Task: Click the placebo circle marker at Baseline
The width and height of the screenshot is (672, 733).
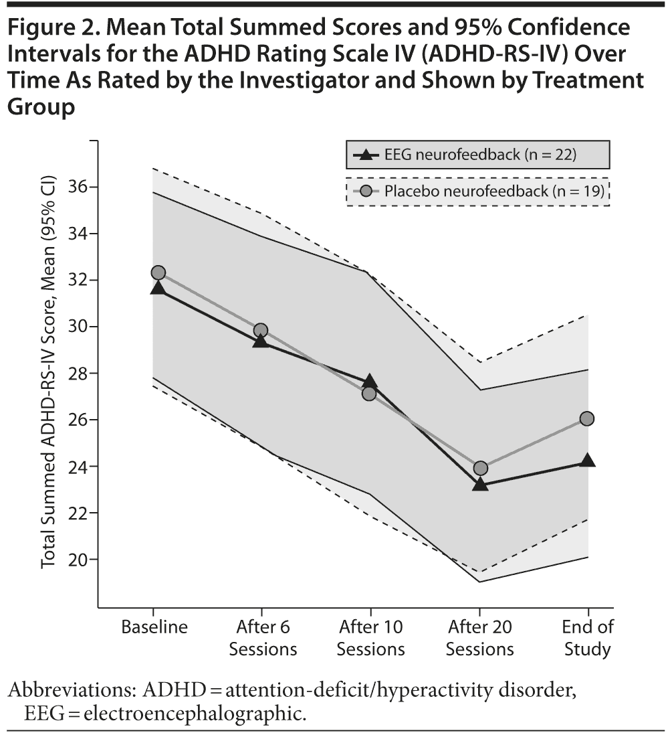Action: [x=158, y=272]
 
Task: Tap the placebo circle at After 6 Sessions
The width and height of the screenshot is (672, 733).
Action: [x=261, y=330]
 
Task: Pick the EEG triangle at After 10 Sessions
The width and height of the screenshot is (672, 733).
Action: [x=369, y=382]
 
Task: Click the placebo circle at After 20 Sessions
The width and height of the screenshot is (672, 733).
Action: [x=480, y=468]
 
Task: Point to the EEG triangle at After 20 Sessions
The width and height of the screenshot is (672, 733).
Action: [x=480, y=484]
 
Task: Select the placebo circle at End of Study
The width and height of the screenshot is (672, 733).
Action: [x=588, y=418]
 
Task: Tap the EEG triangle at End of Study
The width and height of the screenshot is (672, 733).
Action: [x=588, y=461]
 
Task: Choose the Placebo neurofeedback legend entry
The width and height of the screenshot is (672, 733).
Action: [x=477, y=191]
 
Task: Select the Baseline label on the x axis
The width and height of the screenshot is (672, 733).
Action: [x=154, y=627]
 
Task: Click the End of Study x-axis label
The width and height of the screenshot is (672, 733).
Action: [x=588, y=638]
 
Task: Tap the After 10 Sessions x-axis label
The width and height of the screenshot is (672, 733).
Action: [x=370, y=638]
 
